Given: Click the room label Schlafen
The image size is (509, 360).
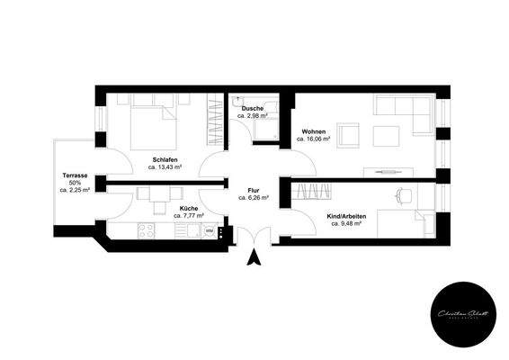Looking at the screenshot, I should [165, 159].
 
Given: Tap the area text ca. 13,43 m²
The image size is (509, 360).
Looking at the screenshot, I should [165, 168].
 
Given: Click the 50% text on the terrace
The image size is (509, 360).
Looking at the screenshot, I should [75, 183].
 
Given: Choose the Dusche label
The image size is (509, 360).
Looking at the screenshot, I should [253, 108].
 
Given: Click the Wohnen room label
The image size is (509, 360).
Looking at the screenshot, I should [315, 131].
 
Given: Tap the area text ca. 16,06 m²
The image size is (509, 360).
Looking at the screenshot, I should [315, 140].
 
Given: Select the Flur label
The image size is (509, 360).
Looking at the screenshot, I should [254, 190].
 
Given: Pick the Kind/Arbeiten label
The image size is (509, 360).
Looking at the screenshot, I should [346, 215].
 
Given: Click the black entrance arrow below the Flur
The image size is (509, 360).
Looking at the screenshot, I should [254, 258].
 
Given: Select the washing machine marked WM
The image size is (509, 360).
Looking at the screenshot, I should [209, 231].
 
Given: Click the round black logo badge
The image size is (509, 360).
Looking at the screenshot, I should [461, 311].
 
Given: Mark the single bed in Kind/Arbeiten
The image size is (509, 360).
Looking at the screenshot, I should [404, 223].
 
